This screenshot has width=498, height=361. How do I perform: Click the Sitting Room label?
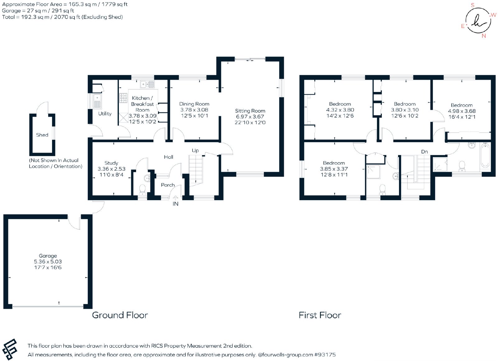tap(250, 111)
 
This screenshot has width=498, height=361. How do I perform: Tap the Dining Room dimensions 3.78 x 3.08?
tap(194, 110)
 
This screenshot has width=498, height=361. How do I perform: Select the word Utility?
tap(105, 113)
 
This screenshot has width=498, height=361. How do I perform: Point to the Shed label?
tap(42, 135)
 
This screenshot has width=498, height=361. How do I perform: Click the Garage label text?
tap(48, 256)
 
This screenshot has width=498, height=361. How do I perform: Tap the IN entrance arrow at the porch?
tap(176, 197)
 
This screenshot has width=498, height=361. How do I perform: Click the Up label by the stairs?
tap(195, 151)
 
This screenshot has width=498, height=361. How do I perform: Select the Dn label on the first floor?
tap(425, 152)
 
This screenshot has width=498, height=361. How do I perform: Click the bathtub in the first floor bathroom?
tap(485, 156)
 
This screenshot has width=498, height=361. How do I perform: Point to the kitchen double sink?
tap(147, 84)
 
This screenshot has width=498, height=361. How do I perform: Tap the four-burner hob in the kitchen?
tap(123, 98)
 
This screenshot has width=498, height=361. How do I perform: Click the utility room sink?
tap(97, 101)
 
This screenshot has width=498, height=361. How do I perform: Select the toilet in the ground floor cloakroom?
tap(142, 190)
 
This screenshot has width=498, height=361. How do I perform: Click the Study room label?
tap(111, 163)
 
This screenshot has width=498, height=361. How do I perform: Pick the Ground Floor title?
tap(120, 315)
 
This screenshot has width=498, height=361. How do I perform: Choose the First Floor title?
tap(320, 315)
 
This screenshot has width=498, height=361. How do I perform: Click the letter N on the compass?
tap(484, 36)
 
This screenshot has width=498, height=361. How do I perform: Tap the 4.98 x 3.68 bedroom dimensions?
tap(462, 111)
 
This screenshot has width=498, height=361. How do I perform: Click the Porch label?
tap(168, 185)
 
